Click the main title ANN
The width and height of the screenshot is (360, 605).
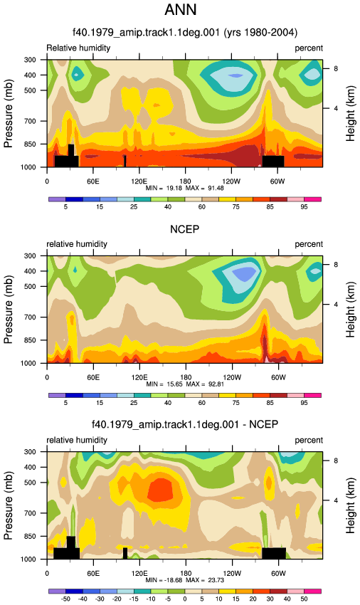click(x=180, y=10)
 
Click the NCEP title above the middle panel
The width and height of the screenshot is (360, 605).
click(x=185, y=230)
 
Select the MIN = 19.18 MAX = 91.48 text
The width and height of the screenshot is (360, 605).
click(x=185, y=189)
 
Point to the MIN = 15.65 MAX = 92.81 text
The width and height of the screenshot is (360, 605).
click(x=185, y=384)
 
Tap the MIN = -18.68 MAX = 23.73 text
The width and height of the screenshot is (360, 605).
click(x=185, y=580)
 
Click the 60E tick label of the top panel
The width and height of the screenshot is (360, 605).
click(x=93, y=181)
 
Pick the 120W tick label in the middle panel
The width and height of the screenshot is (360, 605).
click(x=231, y=377)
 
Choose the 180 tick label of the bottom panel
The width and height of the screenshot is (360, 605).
click(x=185, y=574)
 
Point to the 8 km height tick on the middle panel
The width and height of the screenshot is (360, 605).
click(x=336, y=265)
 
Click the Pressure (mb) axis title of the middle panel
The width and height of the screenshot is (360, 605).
click(x=8, y=310)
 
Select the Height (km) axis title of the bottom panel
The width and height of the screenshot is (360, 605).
click(x=350, y=505)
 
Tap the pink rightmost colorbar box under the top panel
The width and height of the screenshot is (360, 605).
click(x=312, y=199)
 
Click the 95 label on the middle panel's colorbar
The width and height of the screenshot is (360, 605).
click(x=304, y=403)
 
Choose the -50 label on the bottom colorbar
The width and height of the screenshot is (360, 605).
click(x=65, y=599)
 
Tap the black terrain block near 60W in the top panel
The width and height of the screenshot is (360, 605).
click(x=273, y=162)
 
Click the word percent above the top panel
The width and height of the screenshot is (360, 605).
click(x=309, y=48)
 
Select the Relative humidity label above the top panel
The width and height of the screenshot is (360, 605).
click(x=78, y=48)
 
